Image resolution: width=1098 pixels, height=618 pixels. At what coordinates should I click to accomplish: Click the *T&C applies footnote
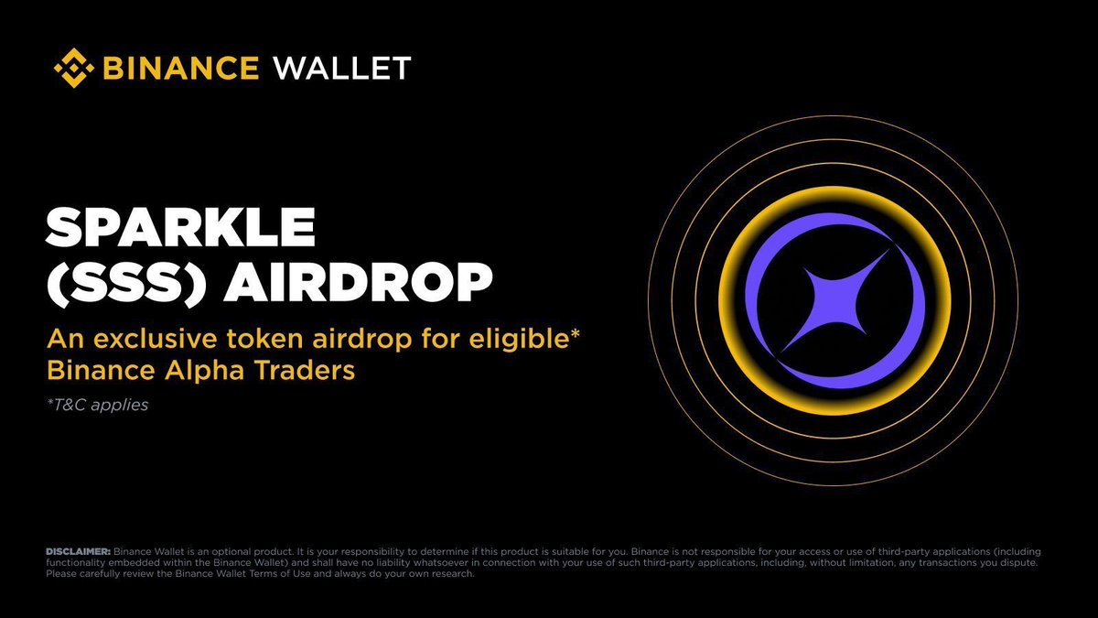[96, 404]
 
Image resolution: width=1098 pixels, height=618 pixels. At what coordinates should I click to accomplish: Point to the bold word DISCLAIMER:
[78, 551]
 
